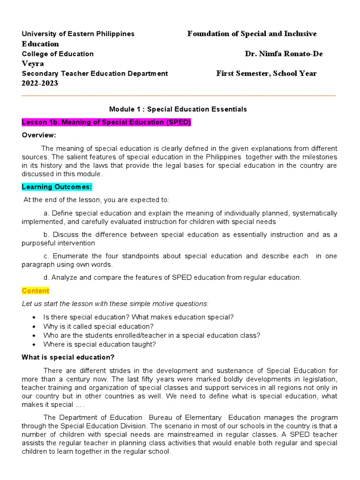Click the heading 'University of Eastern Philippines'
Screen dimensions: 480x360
[x=78, y=34]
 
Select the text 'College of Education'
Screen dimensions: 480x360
[x=58, y=54]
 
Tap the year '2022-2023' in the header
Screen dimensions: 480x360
[x=40, y=83]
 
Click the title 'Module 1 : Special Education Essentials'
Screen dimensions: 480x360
[x=178, y=109]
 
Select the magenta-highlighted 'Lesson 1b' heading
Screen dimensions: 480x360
[x=106, y=122]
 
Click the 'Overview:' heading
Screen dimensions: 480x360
[x=39, y=135]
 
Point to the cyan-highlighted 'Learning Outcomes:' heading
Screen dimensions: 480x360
[x=57, y=187]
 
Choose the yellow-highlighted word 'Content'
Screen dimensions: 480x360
[x=35, y=291]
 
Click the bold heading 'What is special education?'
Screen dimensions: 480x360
[x=68, y=357]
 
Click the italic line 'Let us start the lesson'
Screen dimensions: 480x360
[x=115, y=303]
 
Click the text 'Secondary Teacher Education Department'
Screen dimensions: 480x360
[x=95, y=74]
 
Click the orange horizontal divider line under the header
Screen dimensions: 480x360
[x=179, y=95]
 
